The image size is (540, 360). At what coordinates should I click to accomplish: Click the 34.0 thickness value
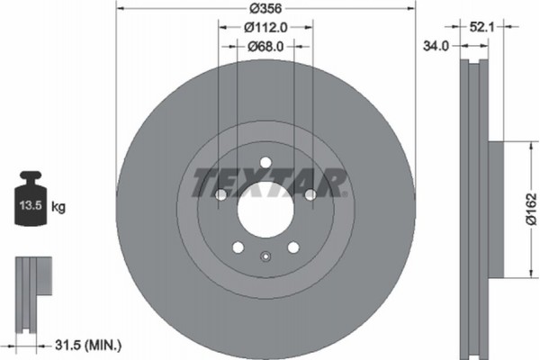tap(436, 47)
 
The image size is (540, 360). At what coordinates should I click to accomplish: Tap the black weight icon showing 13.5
tap(32, 199)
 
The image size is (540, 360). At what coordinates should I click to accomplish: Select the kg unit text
tap(58, 207)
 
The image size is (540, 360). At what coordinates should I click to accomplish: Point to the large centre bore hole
tap(265, 209)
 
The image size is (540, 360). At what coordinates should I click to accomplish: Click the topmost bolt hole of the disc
tap(265, 162)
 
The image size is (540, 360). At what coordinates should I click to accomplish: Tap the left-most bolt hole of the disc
tap(220, 194)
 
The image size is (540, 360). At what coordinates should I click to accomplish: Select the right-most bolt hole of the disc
tap(310, 194)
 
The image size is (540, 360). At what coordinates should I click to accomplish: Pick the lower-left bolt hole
tap(238, 247)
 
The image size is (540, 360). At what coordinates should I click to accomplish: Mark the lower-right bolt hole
tap(293, 247)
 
